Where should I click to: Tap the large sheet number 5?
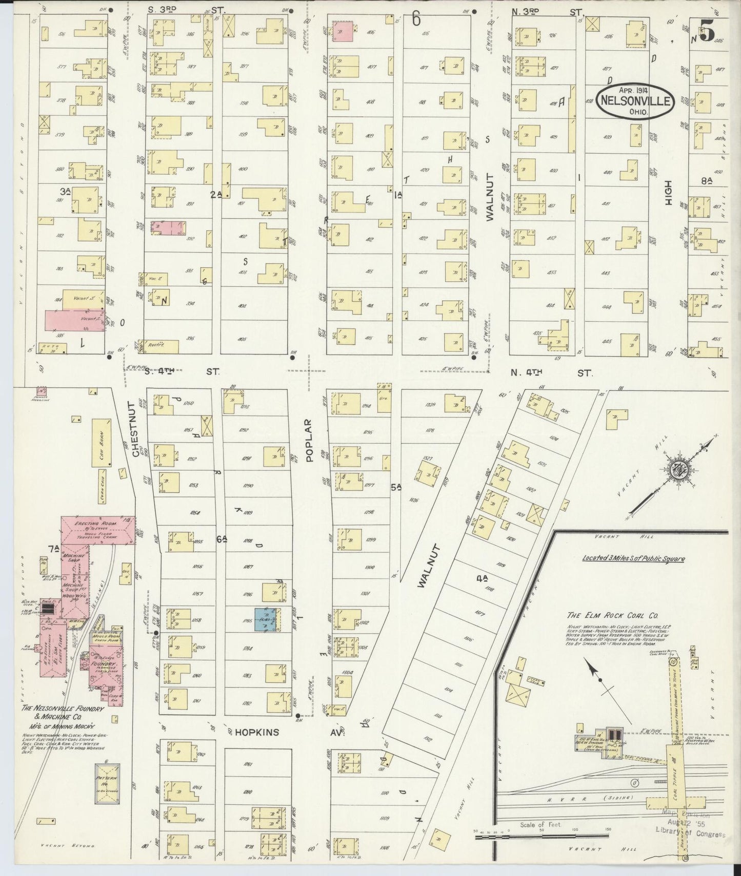point(707,32)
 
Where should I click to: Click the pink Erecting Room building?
point(97,531)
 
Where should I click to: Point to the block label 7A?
point(53,550)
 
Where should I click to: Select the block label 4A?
point(480,579)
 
